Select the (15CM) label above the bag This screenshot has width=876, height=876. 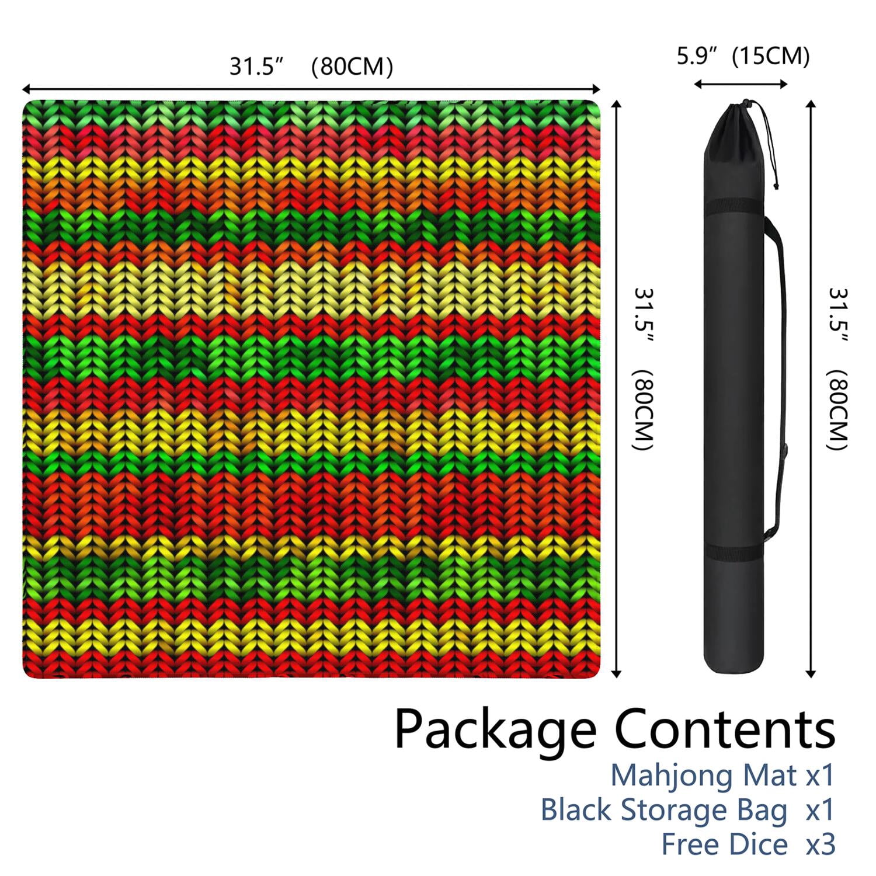pyautogui.click(x=771, y=56)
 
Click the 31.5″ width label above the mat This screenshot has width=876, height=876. pyautogui.click(x=256, y=67)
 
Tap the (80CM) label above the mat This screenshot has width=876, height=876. pyautogui.click(x=352, y=67)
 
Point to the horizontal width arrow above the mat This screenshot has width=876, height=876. pyautogui.click(x=311, y=89)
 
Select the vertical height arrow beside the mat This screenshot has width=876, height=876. pyautogui.click(x=616, y=389)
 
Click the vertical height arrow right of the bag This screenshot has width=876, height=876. pyautogui.click(x=811, y=389)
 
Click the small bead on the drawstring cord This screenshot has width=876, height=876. pyautogui.click(x=776, y=186)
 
